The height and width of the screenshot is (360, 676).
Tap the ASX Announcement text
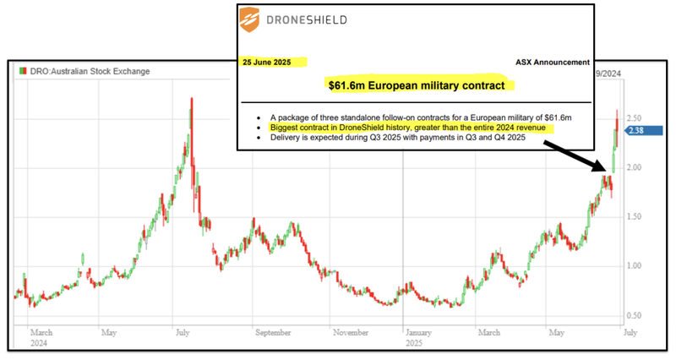pos(552,62)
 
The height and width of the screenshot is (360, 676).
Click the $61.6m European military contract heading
pos(420,85)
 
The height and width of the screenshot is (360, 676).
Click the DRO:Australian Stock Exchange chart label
pos(89,71)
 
